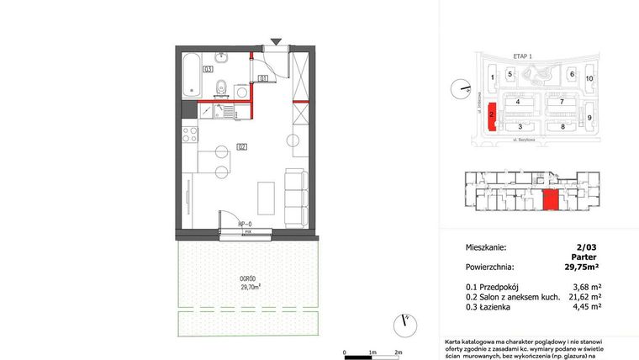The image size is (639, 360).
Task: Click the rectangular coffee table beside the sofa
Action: [x=265, y=199]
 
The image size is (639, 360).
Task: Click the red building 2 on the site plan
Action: [x=491, y=118]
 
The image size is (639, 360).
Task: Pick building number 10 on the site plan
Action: [x=589, y=78]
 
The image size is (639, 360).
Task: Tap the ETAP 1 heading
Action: [x=524, y=56]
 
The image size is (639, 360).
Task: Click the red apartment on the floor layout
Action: [x=550, y=201]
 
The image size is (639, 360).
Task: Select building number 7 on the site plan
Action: [x=560, y=102]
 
